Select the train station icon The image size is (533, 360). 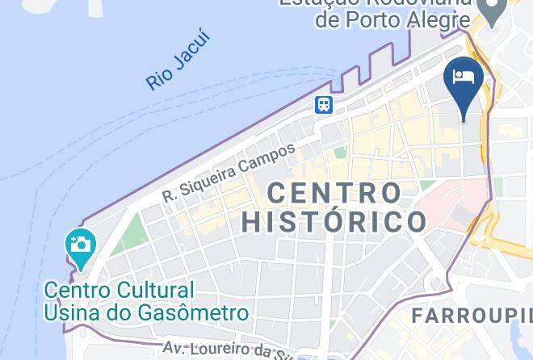pos(324,104)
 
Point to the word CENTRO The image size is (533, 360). pos(334,194)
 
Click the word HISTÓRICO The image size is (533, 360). pos(334,221)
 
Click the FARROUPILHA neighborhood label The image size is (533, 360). pos(472,316)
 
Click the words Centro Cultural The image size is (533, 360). pos(120,290)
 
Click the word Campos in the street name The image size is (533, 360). pos(270,153)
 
